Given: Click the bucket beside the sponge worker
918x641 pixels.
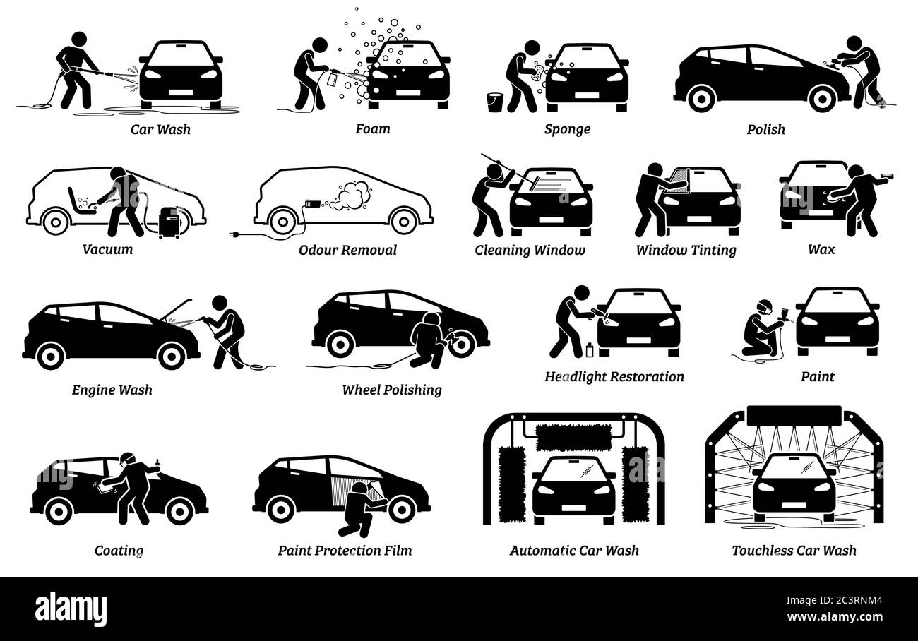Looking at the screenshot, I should pos(495,102).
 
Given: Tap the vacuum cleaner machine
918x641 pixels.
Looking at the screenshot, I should pos(169,222).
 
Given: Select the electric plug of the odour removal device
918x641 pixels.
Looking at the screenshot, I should pos(234,232).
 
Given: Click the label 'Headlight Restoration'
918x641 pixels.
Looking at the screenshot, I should pos(614,376).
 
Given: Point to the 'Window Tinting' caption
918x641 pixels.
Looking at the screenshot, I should pos(686,250).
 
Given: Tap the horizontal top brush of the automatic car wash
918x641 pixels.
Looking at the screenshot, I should pos(573,437).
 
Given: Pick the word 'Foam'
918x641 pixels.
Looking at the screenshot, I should pos(373,129).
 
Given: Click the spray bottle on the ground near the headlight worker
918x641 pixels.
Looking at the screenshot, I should pos(589,349).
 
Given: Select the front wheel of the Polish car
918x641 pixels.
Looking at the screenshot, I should pos(821,98).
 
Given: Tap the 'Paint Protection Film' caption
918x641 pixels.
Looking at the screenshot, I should pos(345,550).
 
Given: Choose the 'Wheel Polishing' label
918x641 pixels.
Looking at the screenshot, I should pos(392,390).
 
